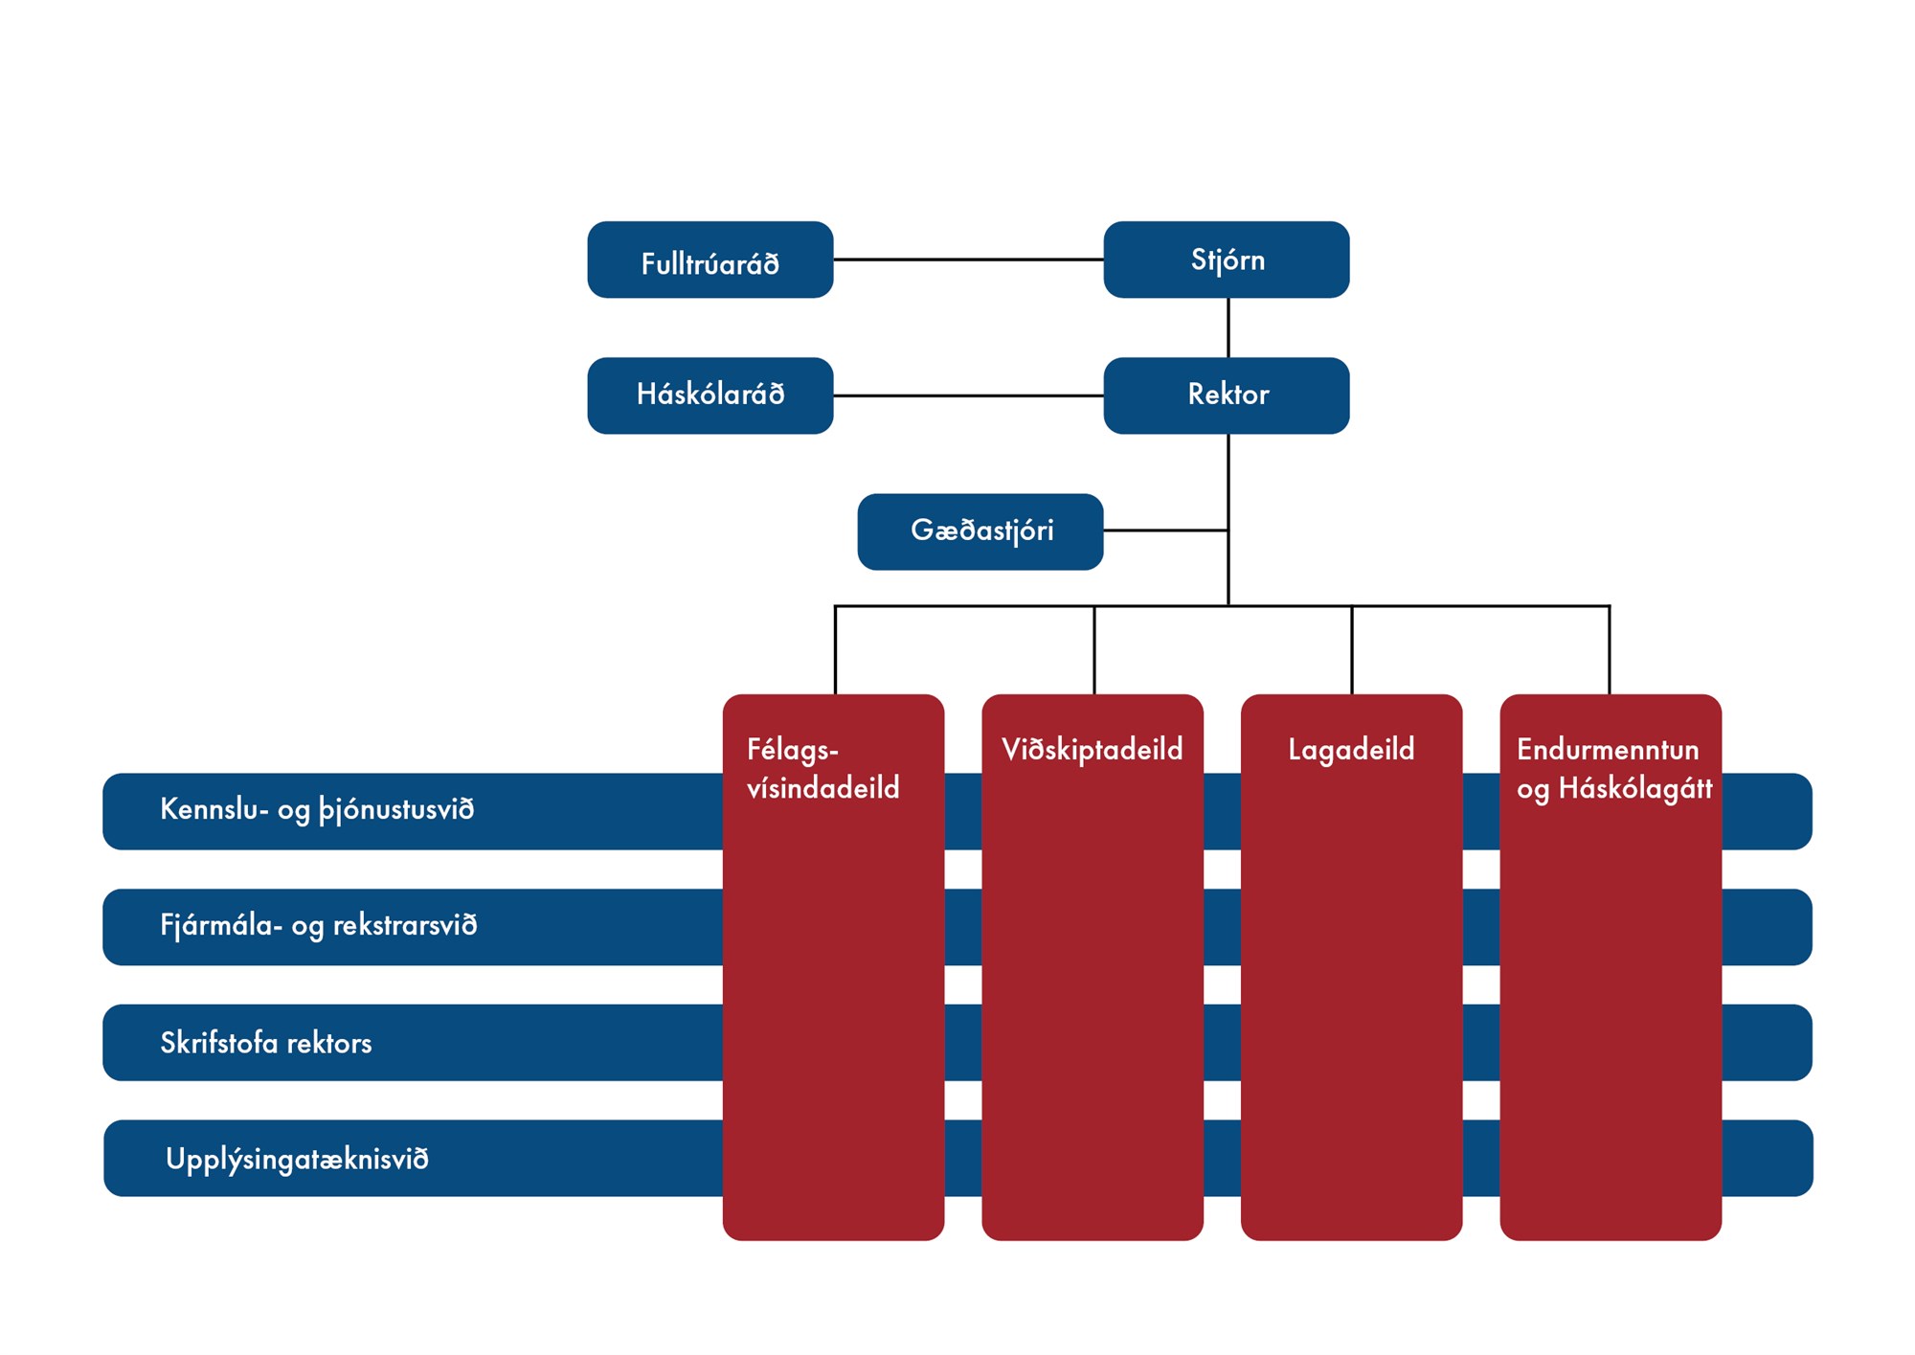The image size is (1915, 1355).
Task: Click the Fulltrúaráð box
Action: click(x=710, y=260)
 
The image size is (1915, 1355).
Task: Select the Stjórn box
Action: click(x=1227, y=260)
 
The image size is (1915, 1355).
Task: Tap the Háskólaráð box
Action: click(x=710, y=395)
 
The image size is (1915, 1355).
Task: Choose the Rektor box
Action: click(x=1227, y=395)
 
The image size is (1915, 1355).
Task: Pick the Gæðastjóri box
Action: click(x=980, y=531)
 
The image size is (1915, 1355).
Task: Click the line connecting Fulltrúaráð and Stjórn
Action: click(x=967, y=260)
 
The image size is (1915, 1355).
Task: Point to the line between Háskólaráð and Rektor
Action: click(x=967, y=395)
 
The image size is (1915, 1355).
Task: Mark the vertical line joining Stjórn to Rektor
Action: click(x=1228, y=327)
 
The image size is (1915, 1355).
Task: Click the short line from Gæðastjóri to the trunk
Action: click(x=1165, y=531)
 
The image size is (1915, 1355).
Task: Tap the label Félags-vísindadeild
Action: click(x=822, y=768)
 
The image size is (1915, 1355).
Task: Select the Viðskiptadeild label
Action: click(x=1092, y=749)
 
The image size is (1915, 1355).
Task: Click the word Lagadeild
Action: click(x=1351, y=749)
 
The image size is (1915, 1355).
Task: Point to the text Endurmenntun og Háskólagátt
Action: click(x=1613, y=768)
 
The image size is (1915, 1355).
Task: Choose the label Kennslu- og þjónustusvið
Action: click(x=317, y=810)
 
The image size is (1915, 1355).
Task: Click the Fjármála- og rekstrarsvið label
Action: click(x=319, y=926)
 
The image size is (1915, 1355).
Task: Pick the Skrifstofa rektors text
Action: click(x=266, y=1043)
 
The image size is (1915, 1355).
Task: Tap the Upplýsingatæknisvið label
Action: click(x=297, y=1159)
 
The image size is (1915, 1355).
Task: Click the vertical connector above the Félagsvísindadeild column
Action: click(x=835, y=651)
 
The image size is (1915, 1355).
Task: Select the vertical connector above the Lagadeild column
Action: click(x=1352, y=651)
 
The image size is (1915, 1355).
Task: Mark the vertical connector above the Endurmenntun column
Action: click(x=1610, y=651)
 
